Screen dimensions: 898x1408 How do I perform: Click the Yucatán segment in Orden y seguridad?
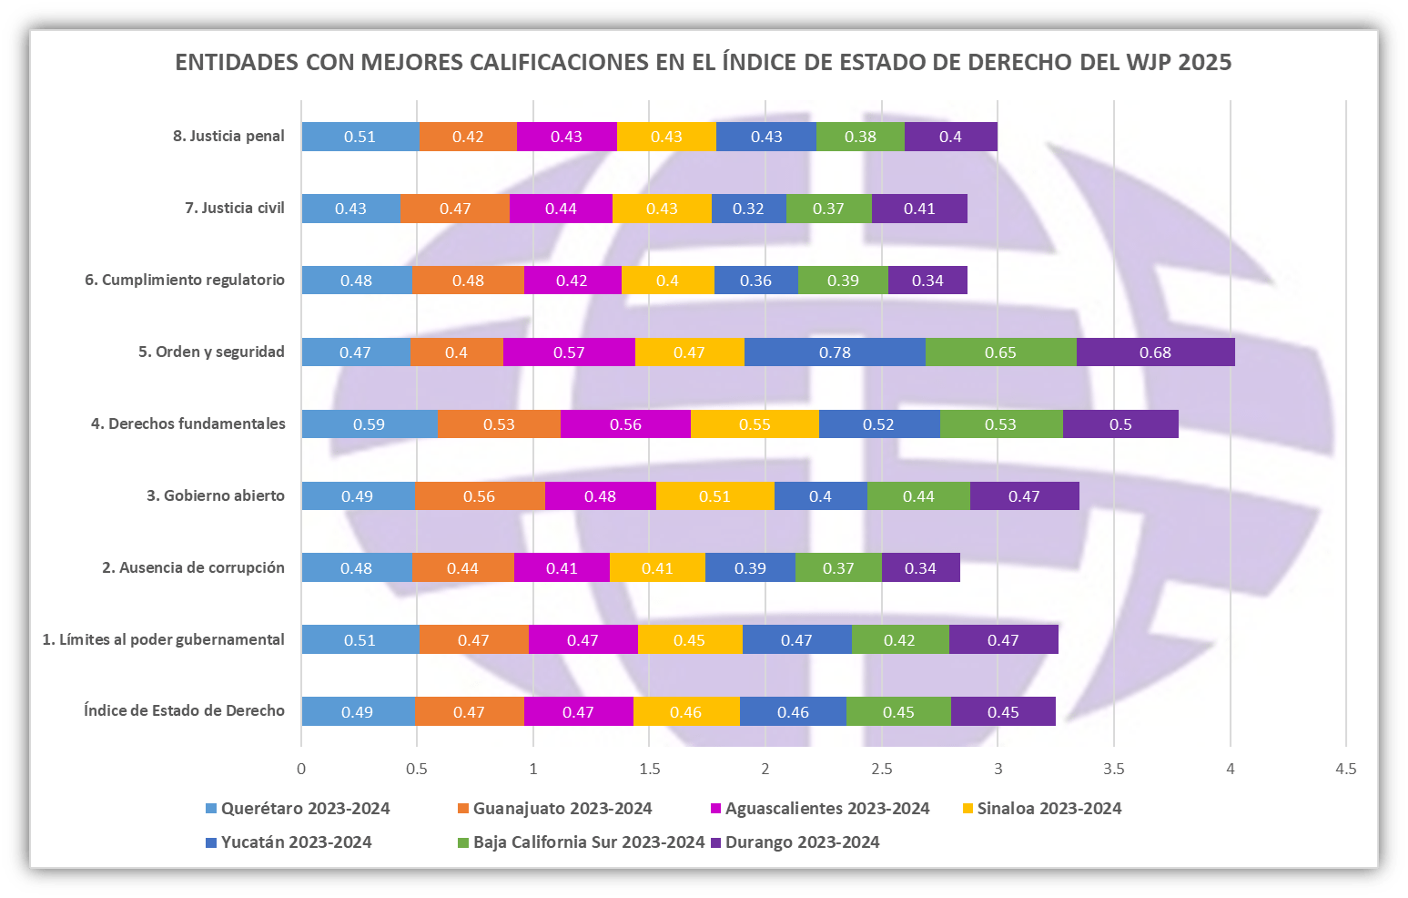click(x=835, y=352)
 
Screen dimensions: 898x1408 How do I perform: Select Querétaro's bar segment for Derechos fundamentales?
click(x=369, y=424)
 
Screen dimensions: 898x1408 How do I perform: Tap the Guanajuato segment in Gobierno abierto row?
click(x=479, y=496)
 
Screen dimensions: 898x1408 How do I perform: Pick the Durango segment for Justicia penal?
click(x=950, y=137)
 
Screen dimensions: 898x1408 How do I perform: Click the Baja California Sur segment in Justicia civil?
click(x=828, y=209)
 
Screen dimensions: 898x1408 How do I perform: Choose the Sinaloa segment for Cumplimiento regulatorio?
click(x=667, y=281)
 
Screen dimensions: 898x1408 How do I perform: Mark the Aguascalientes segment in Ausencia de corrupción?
click(x=562, y=568)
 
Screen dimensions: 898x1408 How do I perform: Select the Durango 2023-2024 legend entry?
click(x=802, y=842)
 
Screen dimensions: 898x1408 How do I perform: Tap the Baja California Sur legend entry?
click(x=588, y=842)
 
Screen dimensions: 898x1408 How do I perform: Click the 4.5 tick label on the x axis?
click(x=1345, y=769)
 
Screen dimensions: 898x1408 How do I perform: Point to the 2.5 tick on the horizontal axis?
click(x=881, y=769)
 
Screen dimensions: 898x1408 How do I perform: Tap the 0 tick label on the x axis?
click(x=301, y=769)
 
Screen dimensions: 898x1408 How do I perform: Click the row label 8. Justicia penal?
click(x=228, y=137)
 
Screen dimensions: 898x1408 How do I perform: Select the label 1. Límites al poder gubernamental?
click(x=163, y=639)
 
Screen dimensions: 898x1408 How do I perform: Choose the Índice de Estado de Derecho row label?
click(x=184, y=711)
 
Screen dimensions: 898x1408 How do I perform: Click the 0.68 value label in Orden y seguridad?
click(x=1155, y=352)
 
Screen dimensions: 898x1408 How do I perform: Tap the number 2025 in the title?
click(x=1205, y=62)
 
